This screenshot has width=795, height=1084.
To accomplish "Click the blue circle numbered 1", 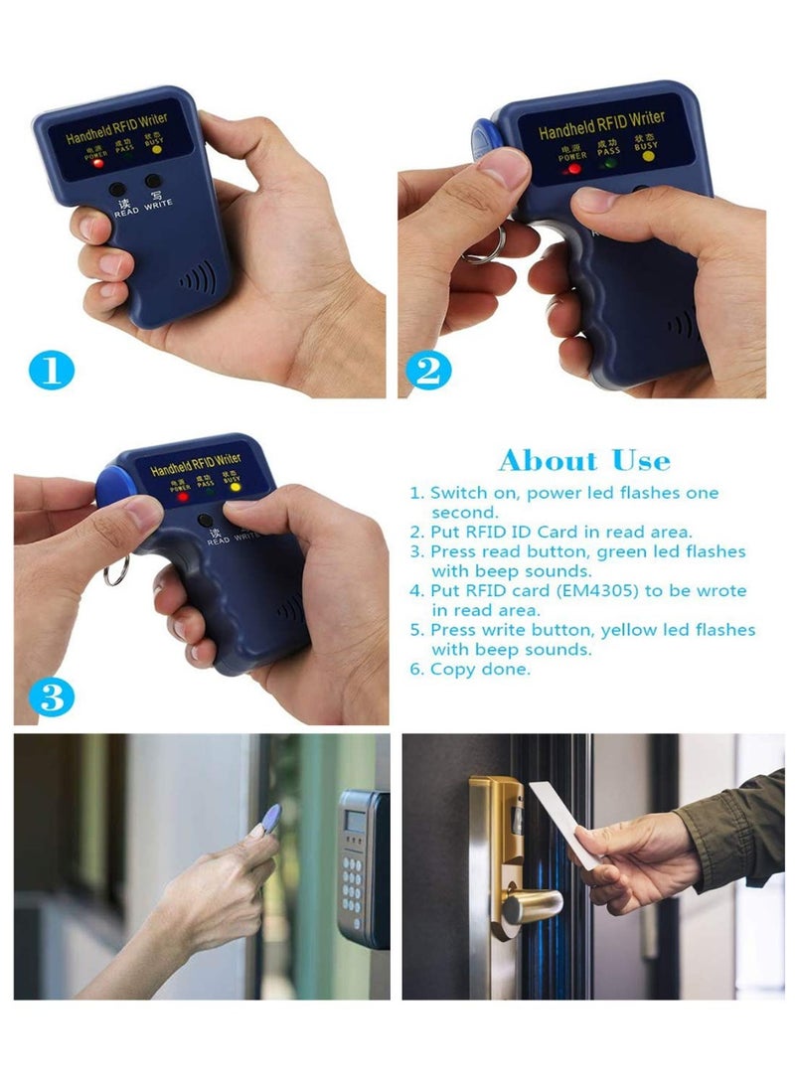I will pos(52,371).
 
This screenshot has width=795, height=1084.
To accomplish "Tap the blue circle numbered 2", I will pos(426,371).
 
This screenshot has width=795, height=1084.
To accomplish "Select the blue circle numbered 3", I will pos(52,697).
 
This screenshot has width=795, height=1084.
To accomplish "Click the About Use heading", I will pos(584,461).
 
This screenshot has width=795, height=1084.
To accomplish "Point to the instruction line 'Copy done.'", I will pos(481,670).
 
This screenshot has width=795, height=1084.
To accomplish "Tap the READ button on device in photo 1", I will pos(117,189).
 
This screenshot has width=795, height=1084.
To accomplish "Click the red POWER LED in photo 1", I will pos(99,163).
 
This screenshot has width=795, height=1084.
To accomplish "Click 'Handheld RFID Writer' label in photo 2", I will pos(600,125).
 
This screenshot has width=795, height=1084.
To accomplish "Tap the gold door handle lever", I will pos(527,906).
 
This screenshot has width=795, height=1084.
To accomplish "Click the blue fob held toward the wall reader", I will pos(269,819).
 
